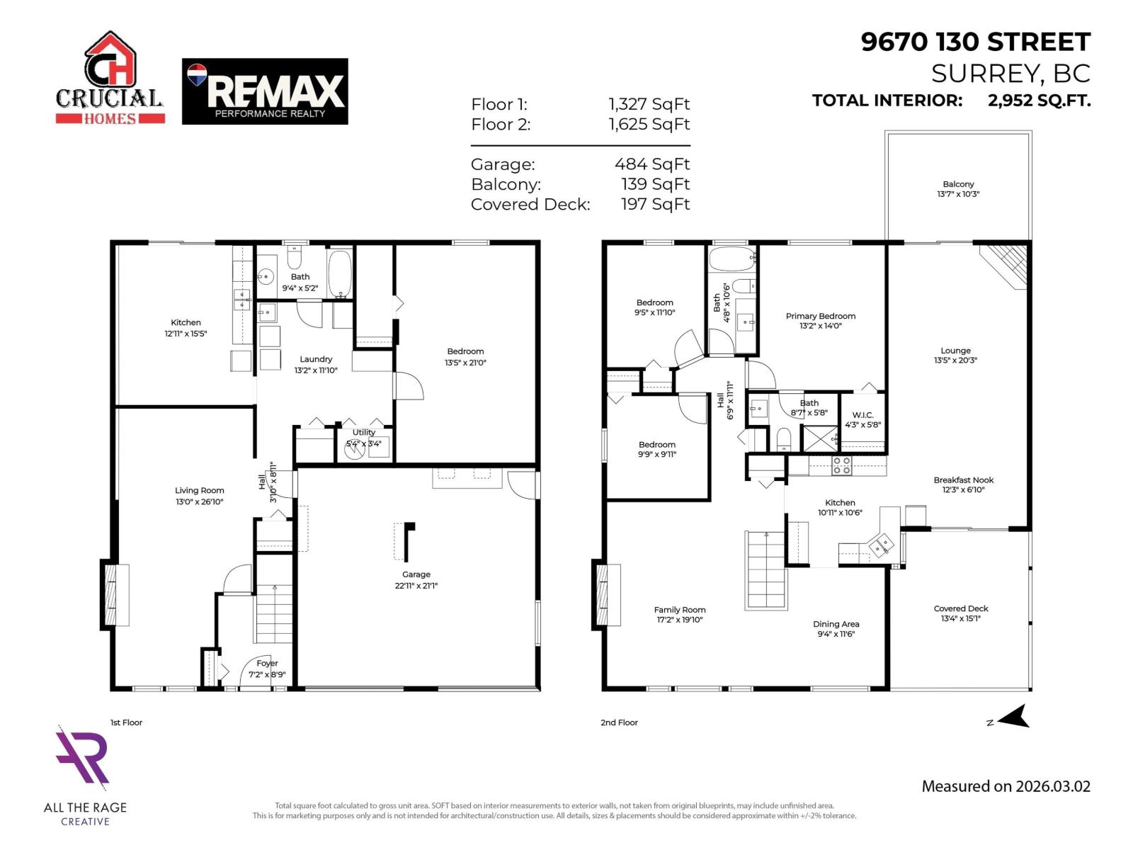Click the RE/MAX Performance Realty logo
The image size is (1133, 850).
[x=265, y=91]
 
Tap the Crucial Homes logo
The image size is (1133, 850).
[x=110, y=79]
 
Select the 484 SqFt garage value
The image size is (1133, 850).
[x=651, y=164]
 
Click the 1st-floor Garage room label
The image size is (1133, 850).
[x=416, y=579]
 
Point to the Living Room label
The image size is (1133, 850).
[x=200, y=496]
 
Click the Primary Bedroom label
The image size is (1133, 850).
[x=821, y=321]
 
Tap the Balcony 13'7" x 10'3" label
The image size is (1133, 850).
[x=958, y=188]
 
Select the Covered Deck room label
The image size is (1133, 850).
[x=961, y=613]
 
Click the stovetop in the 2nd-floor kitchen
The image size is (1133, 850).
[x=841, y=465]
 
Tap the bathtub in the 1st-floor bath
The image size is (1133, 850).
[x=341, y=273]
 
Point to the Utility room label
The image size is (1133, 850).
[x=364, y=438]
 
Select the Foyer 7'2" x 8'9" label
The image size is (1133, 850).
[x=267, y=669]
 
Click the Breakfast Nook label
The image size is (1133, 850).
[x=963, y=484]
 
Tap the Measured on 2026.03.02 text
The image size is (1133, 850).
[x=1006, y=786]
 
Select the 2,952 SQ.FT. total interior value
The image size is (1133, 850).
[x=1039, y=101]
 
